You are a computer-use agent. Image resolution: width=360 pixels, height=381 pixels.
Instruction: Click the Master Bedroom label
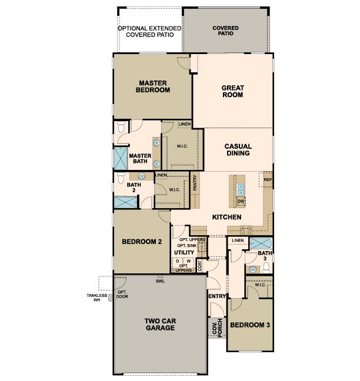coord(153,86)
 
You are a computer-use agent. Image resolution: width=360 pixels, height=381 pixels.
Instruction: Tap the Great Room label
coord(232,91)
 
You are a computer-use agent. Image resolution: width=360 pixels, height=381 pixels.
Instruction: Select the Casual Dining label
coord(238,150)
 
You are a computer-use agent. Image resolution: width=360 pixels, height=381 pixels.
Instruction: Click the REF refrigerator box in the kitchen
coord(266,179)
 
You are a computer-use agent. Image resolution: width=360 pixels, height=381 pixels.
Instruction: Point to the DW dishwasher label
coord(241,201)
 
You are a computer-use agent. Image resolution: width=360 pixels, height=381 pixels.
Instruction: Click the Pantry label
coord(195,183)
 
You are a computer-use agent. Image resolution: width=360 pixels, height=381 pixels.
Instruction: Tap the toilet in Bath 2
coord(121,178)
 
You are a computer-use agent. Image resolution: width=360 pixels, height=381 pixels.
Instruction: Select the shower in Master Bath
coord(121,158)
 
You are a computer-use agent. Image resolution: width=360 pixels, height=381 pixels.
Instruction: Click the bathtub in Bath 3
coord(261,243)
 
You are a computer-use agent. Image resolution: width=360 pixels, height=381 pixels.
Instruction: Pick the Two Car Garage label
coord(160,325)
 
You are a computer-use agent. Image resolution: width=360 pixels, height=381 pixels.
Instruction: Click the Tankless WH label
coord(96,298)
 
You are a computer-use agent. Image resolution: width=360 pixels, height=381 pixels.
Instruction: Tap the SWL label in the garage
coord(160,282)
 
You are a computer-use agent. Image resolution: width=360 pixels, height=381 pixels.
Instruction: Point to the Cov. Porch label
coord(217,328)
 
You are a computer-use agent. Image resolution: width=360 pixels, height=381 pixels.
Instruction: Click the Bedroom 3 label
coord(250,325)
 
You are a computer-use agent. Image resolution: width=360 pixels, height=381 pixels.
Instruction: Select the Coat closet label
coord(200,266)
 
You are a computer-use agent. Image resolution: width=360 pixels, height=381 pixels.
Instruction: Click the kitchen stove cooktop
coord(246,230)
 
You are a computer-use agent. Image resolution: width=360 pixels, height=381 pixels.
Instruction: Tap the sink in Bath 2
coord(142,176)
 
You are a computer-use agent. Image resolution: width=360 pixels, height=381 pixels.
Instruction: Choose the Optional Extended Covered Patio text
coord(149,32)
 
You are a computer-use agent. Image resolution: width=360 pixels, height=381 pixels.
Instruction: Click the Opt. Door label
coord(122,294)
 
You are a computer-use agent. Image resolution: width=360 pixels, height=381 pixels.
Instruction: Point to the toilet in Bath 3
coord(266,268)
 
